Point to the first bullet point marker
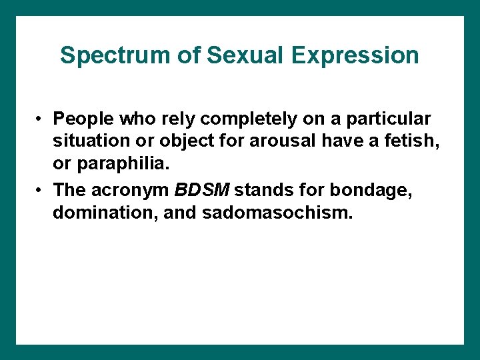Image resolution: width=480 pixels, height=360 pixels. pos(41,119)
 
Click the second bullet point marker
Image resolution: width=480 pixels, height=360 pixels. pos(41,190)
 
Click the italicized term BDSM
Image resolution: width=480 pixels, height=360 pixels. pos(201,190)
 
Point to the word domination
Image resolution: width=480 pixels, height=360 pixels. pos(95,213)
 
